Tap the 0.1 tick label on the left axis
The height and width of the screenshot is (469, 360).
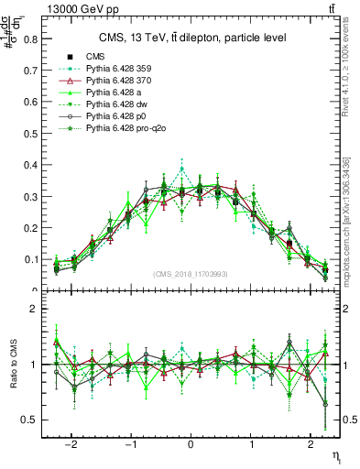click(x=31, y=259)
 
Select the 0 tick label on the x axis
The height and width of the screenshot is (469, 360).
click(x=191, y=440)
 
